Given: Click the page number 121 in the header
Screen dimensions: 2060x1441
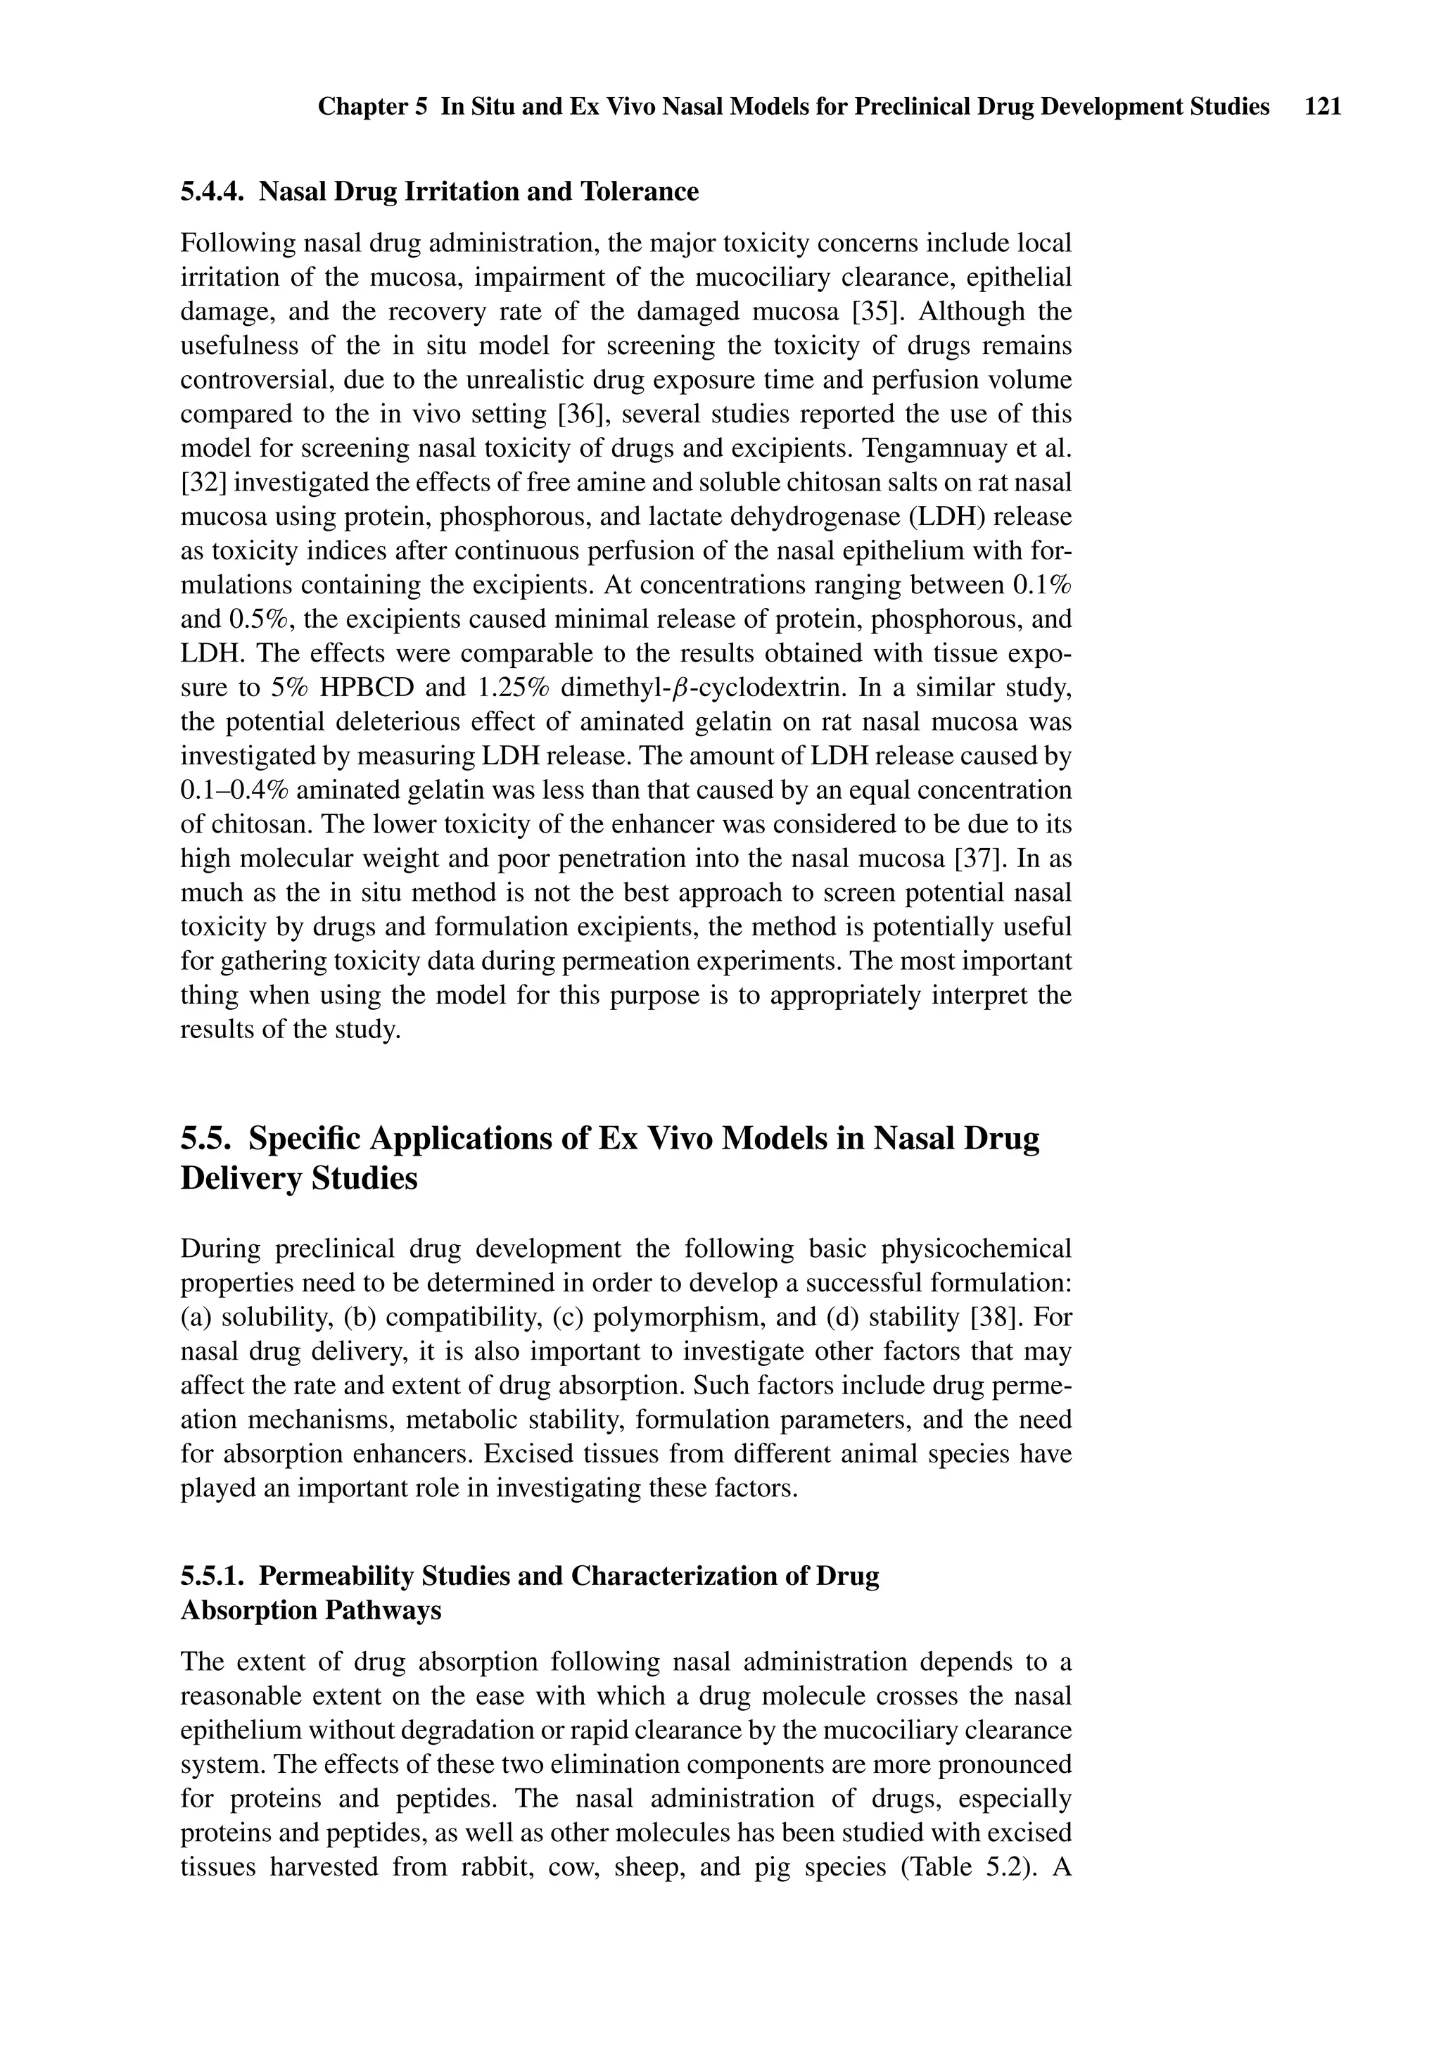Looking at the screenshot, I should (1323, 107).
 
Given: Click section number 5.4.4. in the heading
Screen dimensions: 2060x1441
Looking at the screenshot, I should (212, 192).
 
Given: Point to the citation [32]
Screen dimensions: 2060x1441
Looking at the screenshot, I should (205, 483).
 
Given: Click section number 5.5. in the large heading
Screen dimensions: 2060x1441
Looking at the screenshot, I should (208, 1139).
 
